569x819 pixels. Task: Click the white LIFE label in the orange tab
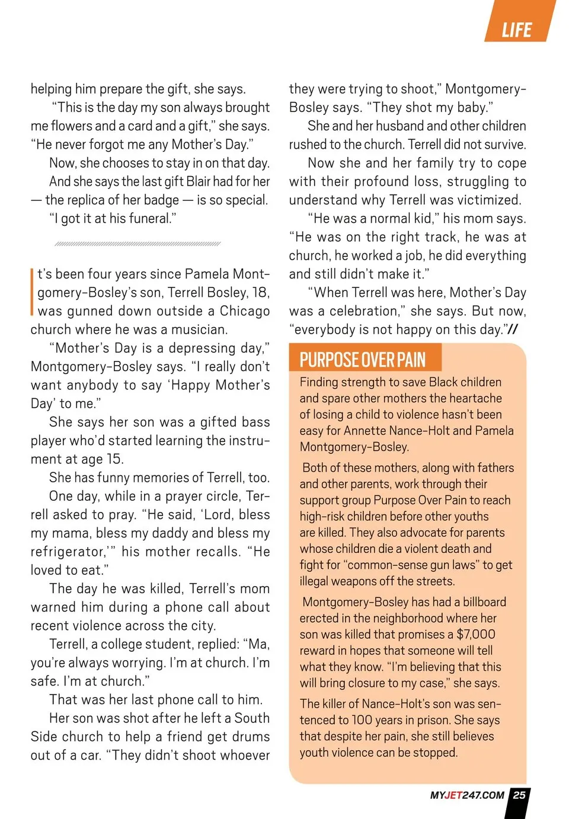(516, 30)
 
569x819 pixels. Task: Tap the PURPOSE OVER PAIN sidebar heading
(362, 360)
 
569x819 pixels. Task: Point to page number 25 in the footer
(519, 795)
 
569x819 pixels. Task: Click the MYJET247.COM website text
(467, 795)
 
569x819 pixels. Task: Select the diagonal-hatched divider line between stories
(137, 244)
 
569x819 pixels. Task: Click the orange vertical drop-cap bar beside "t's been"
(32, 292)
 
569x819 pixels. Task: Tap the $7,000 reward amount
(476, 634)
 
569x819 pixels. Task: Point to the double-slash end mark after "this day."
(513, 329)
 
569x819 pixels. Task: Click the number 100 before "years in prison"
(362, 720)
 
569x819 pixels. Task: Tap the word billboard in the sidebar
(484, 602)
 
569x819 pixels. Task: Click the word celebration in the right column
(363, 311)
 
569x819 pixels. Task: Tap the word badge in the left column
(161, 200)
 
